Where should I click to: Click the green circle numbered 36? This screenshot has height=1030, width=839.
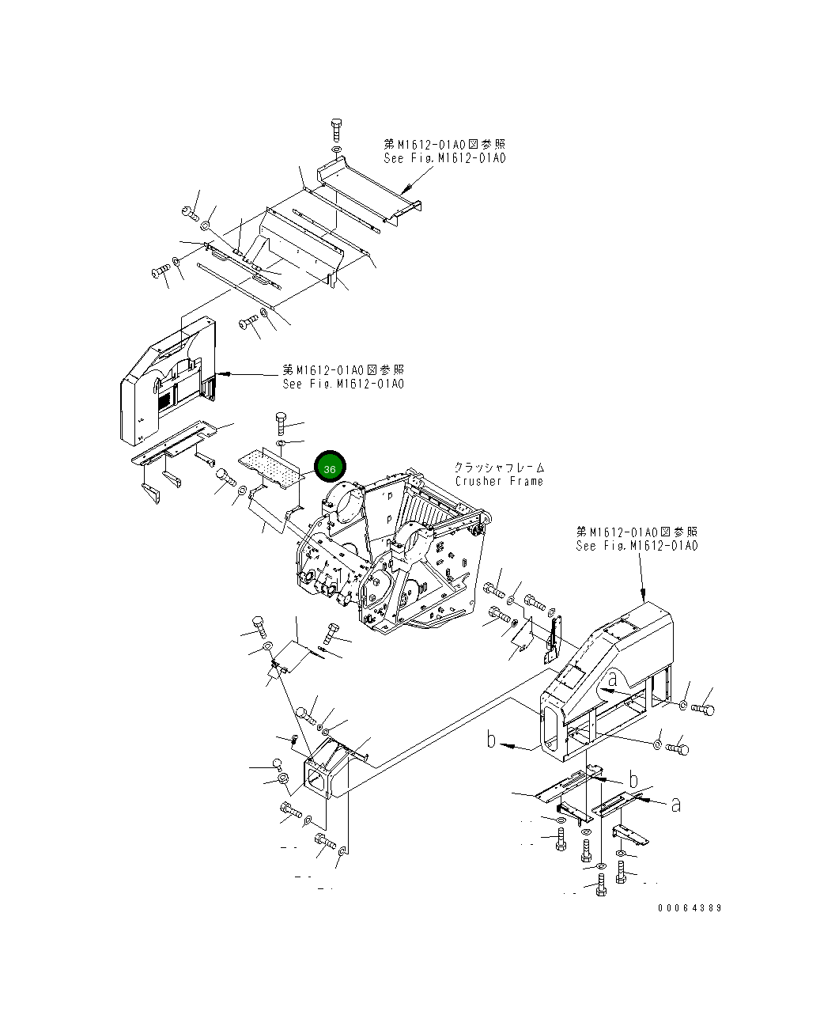pyautogui.click(x=330, y=468)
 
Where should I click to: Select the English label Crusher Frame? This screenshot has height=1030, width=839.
pyautogui.click(x=499, y=481)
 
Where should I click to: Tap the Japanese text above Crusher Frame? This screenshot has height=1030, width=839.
pyautogui.click(x=499, y=468)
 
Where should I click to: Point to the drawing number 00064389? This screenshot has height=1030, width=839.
pyautogui.click(x=689, y=908)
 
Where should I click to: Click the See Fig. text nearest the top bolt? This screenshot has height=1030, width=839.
pyautogui.click(x=444, y=157)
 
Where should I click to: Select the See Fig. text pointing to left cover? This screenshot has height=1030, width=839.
pyautogui.click(x=343, y=384)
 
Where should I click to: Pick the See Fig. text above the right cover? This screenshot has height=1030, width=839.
pyautogui.click(x=637, y=546)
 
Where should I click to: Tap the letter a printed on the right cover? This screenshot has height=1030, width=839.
pyautogui.click(x=613, y=679)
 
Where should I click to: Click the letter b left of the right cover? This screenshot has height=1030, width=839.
pyautogui.click(x=492, y=740)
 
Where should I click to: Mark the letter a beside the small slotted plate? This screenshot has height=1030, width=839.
pyautogui.click(x=675, y=805)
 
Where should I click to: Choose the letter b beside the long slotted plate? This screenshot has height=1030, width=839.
pyautogui.click(x=633, y=778)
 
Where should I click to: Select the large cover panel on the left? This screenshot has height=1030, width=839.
pyautogui.click(x=166, y=380)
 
